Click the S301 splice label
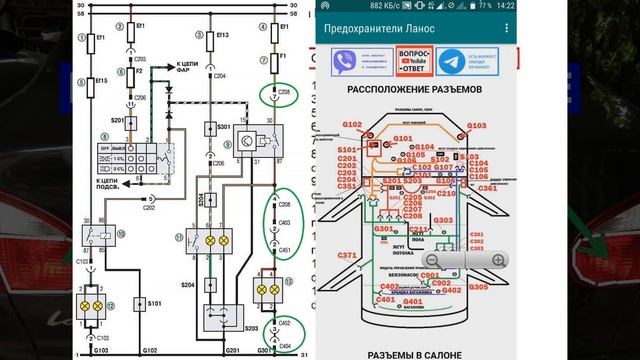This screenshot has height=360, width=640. tap(225, 127)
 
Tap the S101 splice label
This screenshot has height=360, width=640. tap(154, 302)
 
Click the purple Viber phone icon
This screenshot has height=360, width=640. tap(339, 59)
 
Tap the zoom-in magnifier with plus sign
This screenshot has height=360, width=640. tap(498, 261)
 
